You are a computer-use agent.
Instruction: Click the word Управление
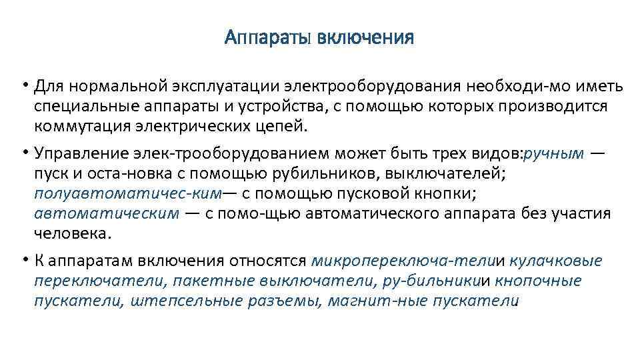pos(78,154)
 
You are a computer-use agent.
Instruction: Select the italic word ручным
pos(555,154)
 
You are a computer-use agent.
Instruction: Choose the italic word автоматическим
pos(107,213)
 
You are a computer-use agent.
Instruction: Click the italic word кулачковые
pos(558,261)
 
